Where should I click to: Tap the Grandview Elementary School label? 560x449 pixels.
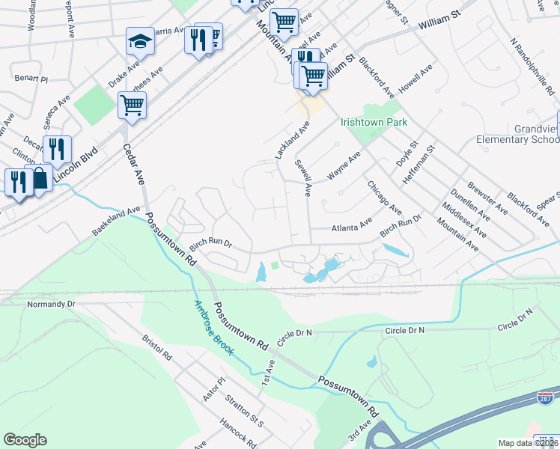[x=518, y=132]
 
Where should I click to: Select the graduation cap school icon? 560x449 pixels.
[x=140, y=41]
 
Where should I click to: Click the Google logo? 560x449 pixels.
[x=25, y=440]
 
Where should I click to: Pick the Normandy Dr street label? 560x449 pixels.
[x=52, y=305]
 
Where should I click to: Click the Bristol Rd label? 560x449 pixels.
[x=157, y=349]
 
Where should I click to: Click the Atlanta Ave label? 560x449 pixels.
[x=352, y=224]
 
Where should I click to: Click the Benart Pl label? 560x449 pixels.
[x=31, y=78]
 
